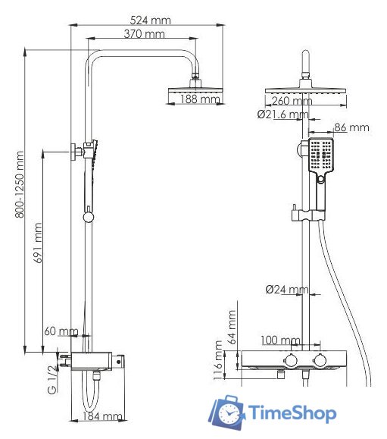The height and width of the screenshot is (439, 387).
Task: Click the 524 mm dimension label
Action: pos(150,20)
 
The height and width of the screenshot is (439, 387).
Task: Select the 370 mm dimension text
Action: pos(143,35)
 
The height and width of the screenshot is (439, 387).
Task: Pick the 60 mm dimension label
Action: pos(61,331)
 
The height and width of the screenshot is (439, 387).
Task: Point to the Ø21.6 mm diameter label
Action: pos(282,114)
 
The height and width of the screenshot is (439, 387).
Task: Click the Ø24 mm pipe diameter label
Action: pos(286,290)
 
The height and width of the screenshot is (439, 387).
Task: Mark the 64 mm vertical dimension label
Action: pos(233,327)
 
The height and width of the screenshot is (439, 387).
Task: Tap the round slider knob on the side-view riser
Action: pos(89,218)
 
